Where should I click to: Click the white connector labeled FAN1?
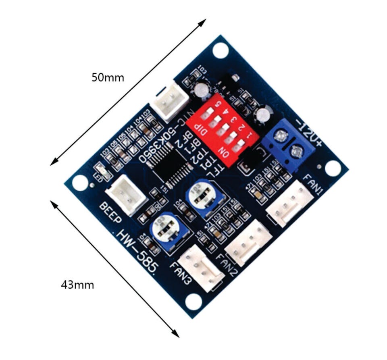coord(290,203)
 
